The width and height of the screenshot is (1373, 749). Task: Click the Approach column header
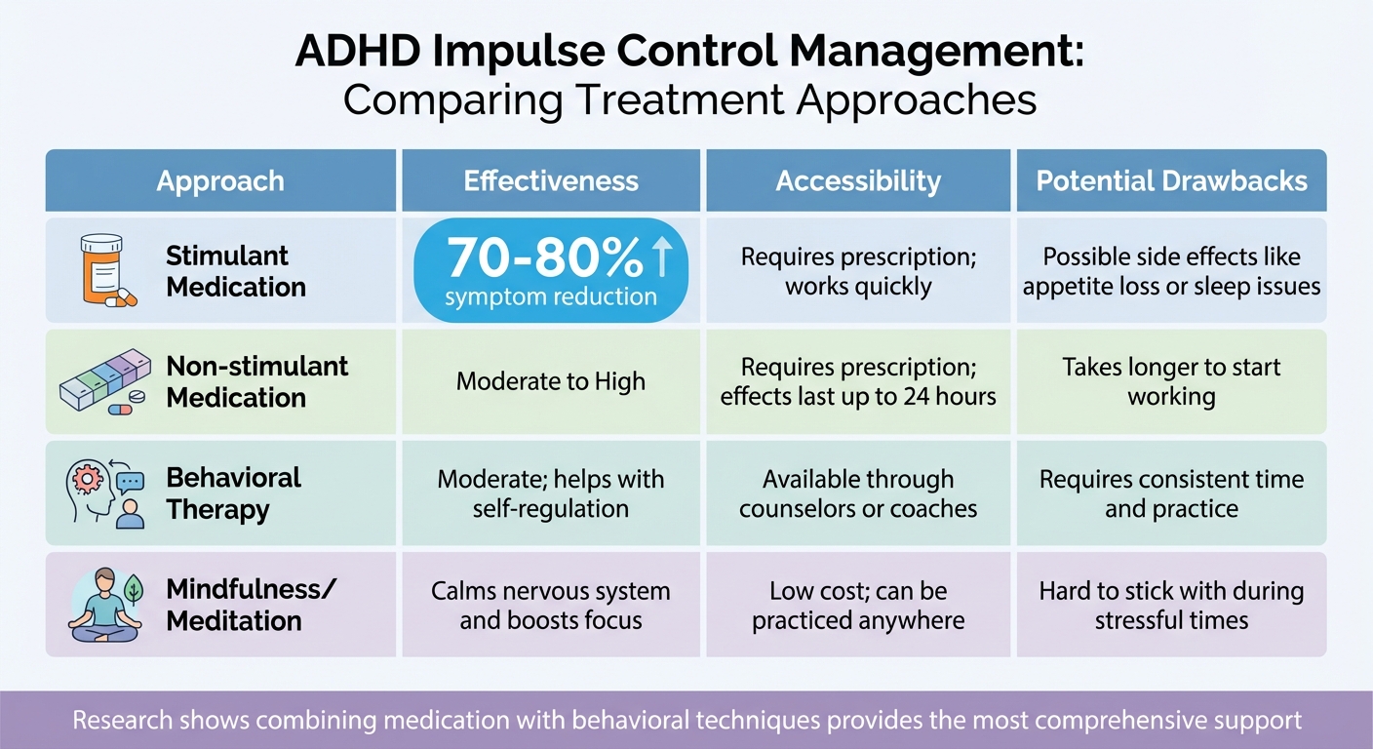[220, 181]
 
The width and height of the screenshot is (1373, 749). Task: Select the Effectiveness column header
[551, 181]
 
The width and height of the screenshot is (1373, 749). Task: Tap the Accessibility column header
[858, 181]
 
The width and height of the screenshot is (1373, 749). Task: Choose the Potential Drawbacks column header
[1171, 181]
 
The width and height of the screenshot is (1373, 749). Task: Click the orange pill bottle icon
[101, 269]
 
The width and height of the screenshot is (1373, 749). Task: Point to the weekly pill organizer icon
[104, 382]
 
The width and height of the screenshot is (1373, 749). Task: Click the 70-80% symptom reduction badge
[551, 270]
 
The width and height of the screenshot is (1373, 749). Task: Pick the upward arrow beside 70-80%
[662, 257]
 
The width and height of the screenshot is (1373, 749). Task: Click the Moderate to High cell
[551, 381]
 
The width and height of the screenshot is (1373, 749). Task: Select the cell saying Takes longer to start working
[1171, 381]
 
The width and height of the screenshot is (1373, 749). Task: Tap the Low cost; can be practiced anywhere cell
[858, 606]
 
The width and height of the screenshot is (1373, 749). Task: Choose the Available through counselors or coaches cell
[858, 493]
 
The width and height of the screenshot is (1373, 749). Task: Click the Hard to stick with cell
[1171, 606]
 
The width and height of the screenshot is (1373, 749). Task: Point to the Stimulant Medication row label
[235, 271]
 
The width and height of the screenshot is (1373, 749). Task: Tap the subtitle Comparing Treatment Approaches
[688, 99]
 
